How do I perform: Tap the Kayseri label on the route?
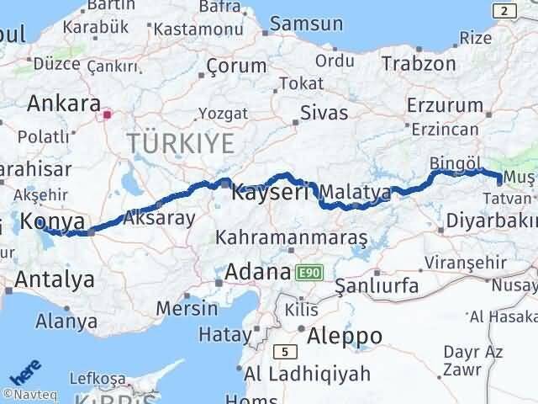(x=271, y=190)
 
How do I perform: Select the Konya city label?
(x=53, y=222)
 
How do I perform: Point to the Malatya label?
(x=356, y=192)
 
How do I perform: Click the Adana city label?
(x=256, y=273)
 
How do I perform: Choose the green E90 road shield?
(x=309, y=273)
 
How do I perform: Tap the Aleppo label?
(x=345, y=336)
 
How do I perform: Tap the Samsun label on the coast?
(x=306, y=25)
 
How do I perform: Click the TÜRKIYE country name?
(x=181, y=143)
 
